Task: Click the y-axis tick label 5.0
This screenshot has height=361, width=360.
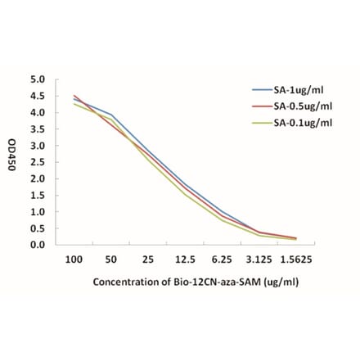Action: coord(37,79)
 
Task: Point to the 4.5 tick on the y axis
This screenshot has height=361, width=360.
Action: coord(37,96)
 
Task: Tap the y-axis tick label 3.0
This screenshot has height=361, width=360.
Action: coord(37,145)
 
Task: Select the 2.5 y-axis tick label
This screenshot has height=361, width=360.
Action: coord(37,161)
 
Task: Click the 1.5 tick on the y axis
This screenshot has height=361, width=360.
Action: coord(37,195)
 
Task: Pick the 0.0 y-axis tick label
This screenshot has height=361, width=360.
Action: coord(37,244)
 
